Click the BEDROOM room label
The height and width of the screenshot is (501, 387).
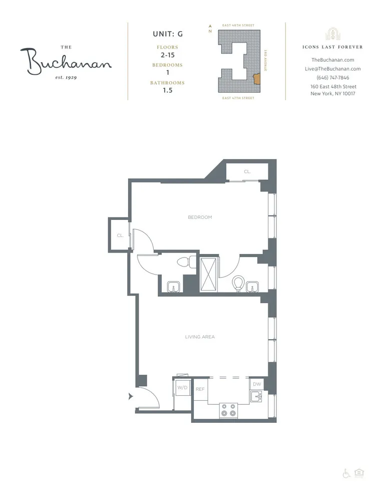200,217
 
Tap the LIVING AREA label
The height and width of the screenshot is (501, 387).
200,337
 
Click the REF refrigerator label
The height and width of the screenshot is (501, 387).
200,389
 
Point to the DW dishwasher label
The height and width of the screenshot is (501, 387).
257,384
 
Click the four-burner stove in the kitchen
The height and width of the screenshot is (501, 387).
228,410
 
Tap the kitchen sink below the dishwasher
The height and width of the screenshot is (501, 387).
257,398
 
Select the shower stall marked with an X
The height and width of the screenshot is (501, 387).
209,274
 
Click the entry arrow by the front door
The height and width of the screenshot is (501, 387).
131,396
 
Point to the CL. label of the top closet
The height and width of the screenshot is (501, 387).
247,172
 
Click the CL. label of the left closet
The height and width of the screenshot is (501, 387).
120,235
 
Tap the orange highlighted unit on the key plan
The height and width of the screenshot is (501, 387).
257,79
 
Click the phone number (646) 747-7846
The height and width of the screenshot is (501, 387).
333,78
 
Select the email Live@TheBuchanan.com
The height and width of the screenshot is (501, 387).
333,69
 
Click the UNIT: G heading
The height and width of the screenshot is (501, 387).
167,34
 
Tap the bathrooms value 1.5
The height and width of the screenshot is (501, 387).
167,91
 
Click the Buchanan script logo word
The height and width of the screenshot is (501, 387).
66,61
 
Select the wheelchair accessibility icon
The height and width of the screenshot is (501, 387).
346,473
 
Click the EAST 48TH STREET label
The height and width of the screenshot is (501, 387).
238,25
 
